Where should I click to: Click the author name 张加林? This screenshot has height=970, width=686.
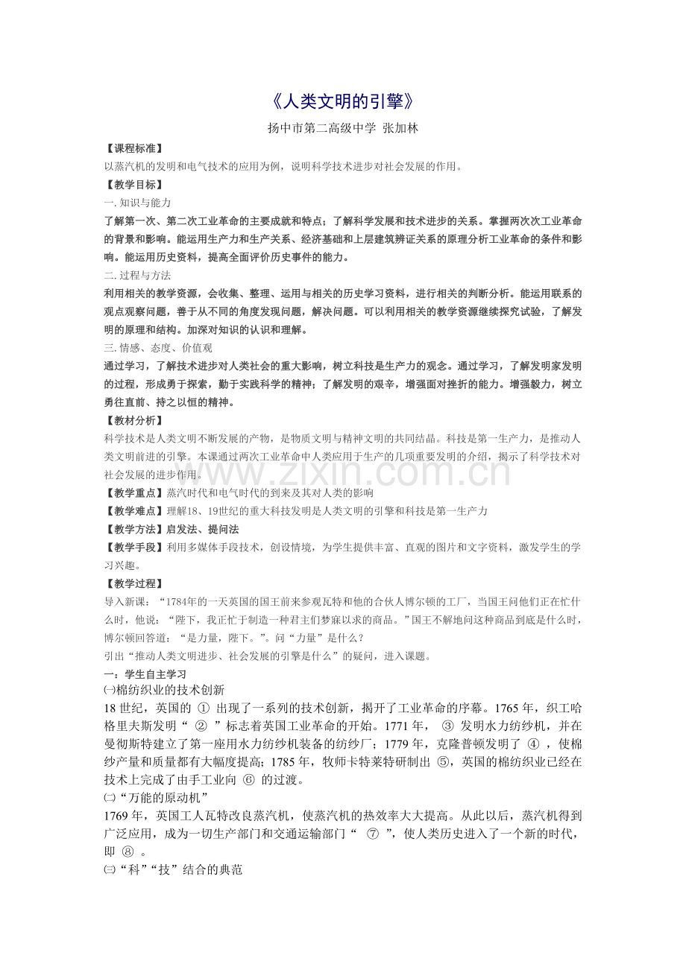pyautogui.click(x=400, y=128)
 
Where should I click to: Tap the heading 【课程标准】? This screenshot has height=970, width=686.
pyautogui.click(x=133, y=149)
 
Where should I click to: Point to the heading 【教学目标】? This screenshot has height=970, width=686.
pyautogui.click(x=133, y=185)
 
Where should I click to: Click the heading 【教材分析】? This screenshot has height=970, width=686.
pyautogui.click(x=133, y=421)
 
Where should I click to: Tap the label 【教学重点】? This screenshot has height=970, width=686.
pyautogui.click(x=133, y=493)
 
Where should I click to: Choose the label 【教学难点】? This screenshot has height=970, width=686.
pyautogui.click(x=133, y=511)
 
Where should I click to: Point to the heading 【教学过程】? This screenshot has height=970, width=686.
pyautogui.click(x=133, y=584)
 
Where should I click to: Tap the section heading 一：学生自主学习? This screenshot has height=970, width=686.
pyautogui.click(x=145, y=674)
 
